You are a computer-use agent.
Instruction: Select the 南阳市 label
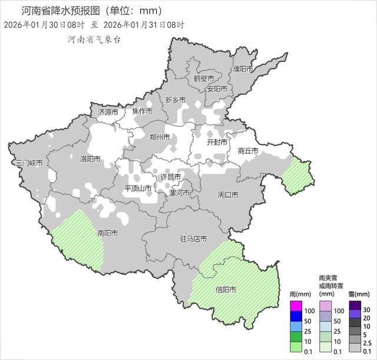pyautogui.click(x=107, y=233)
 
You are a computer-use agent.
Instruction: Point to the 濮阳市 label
pyautogui.click(x=242, y=69)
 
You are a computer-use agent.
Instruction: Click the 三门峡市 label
pyautogui.click(x=29, y=163)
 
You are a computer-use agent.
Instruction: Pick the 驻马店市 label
pyautogui.click(x=193, y=239)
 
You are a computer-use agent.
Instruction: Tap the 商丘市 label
pyautogui.click(x=248, y=151)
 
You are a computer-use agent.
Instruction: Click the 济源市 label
pyautogui.click(x=108, y=112)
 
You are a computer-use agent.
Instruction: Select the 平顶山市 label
pyautogui.click(x=137, y=189)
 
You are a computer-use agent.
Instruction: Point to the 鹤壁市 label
pyautogui.click(x=204, y=78)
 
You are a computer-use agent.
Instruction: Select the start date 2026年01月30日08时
pyautogui.click(x=44, y=25)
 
